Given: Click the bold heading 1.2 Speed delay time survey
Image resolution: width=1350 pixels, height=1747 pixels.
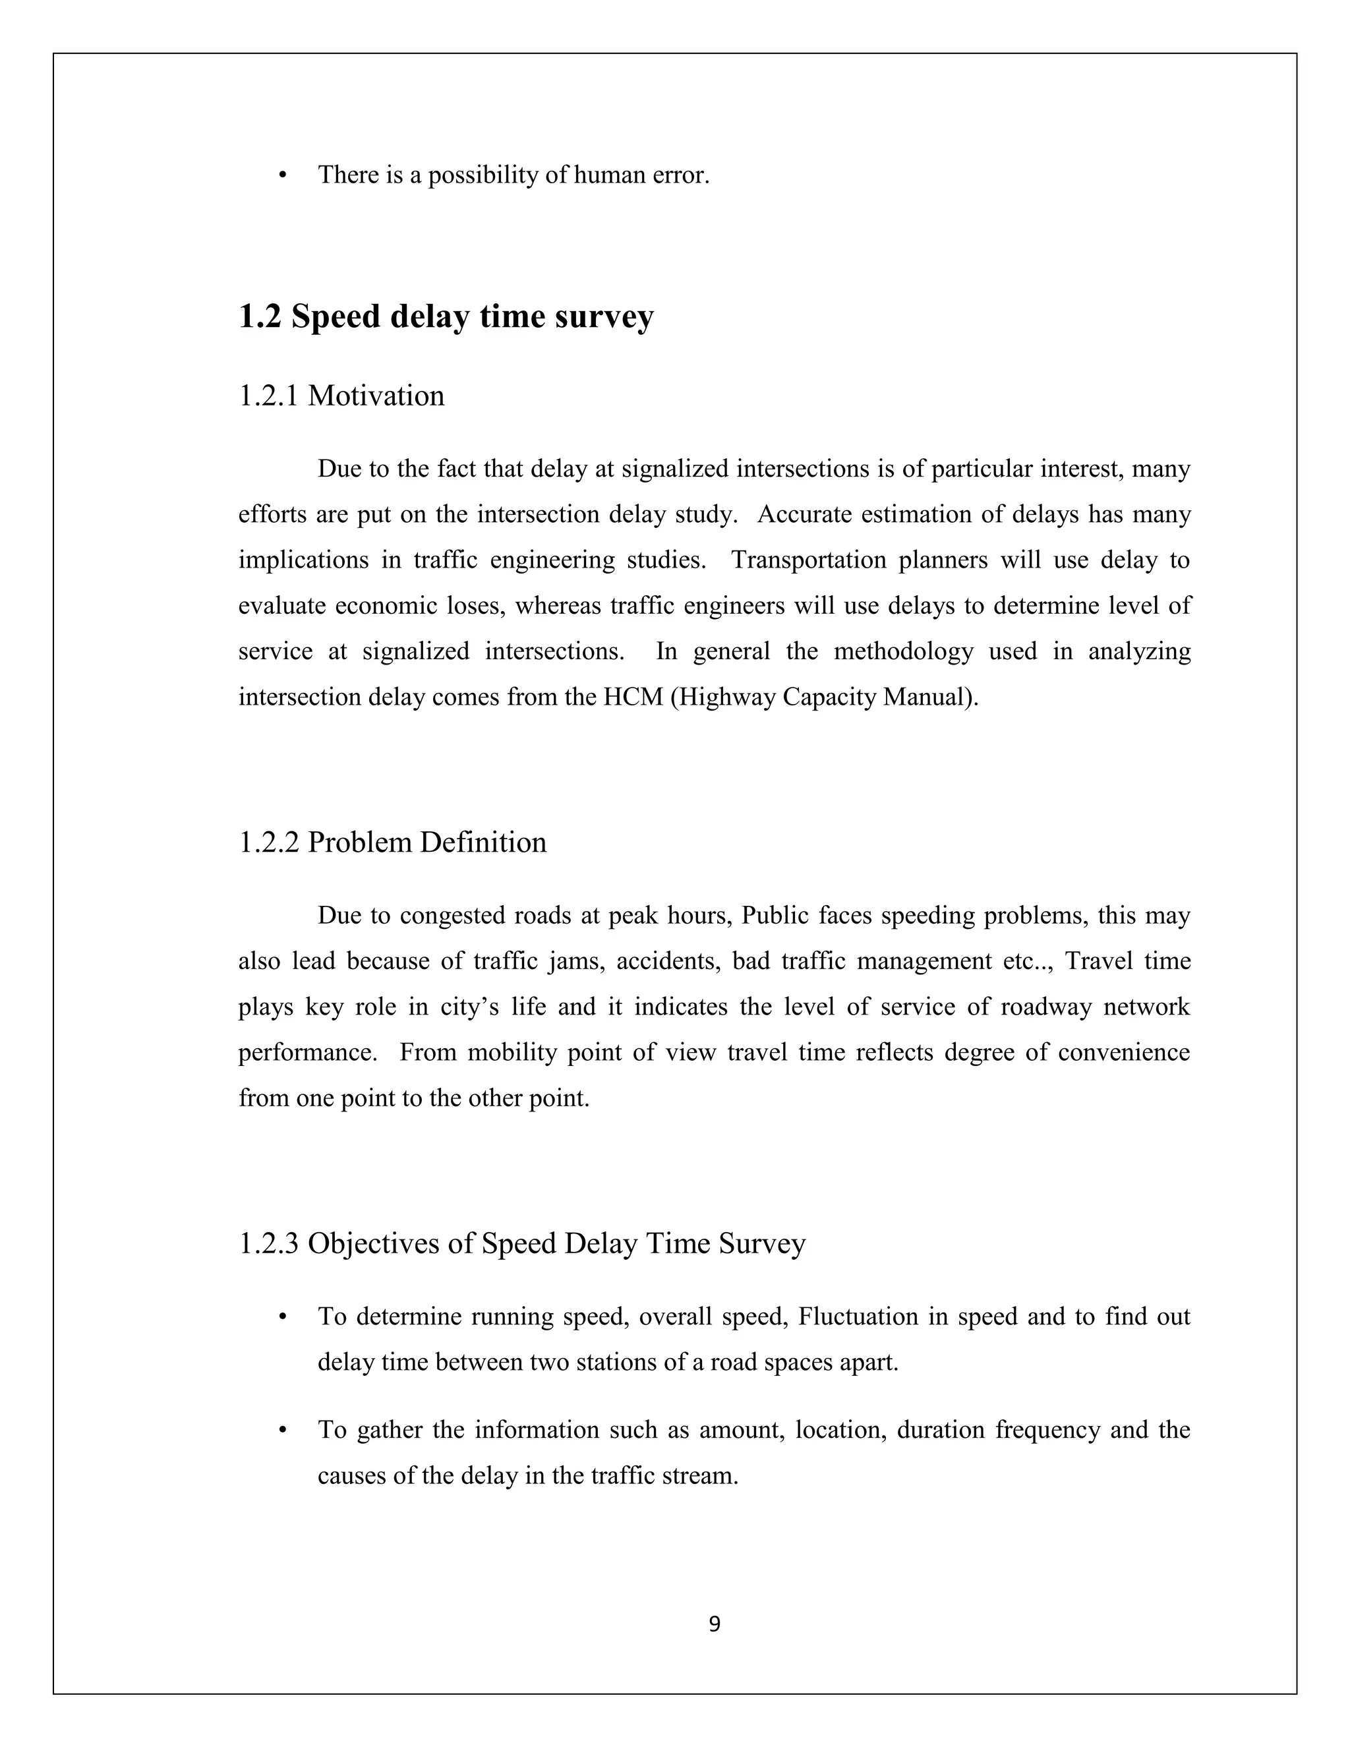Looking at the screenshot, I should click(x=446, y=316).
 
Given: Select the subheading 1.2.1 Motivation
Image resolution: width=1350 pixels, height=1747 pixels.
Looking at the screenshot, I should click(x=341, y=396).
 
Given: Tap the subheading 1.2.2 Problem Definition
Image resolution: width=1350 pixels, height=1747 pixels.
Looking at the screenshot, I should click(x=393, y=843).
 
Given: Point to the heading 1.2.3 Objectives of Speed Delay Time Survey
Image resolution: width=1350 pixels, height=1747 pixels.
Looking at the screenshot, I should click(x=521, y=1243).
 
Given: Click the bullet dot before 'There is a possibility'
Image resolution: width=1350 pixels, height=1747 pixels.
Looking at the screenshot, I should click(x=282, y=175).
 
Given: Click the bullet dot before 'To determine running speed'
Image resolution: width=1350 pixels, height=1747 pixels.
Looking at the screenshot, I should click(x=282, y=1317).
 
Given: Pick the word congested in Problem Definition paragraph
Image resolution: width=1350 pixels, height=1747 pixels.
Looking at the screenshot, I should click(x=450, y=915).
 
